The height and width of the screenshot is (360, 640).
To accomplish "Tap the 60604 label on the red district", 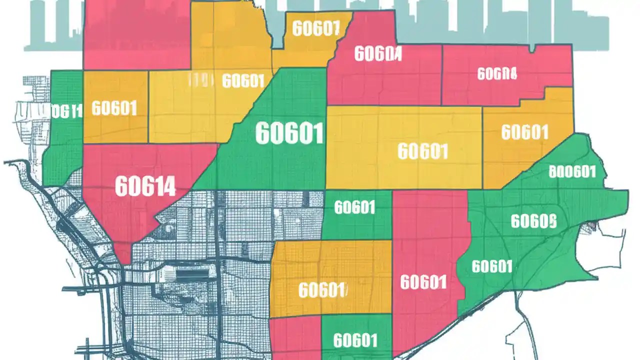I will click(x=377, y=54).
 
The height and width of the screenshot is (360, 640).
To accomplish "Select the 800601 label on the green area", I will click(x=572, y=172).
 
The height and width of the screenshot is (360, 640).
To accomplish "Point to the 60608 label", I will click(x=533, y=220).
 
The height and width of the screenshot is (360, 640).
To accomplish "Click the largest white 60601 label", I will click(x=289, y=133).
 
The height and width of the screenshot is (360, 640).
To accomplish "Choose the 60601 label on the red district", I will click(x=423, y=282).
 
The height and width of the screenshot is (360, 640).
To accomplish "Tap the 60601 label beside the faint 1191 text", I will click(x=243, y=80).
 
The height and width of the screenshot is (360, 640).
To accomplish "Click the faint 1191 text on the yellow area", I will click(x=200, y=79).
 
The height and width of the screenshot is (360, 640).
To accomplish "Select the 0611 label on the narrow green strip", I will click(x=67, y=111).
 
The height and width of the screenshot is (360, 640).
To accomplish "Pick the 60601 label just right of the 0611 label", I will click(x=114, y=108).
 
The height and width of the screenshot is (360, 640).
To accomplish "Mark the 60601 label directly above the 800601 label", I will click(x=524, y=132).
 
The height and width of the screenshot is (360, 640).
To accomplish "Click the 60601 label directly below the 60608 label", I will click(x=492, y=266).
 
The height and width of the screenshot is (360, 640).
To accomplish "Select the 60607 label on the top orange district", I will click(x=315, y=28).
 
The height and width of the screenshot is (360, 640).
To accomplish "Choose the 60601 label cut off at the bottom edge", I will click(x=354, y=341).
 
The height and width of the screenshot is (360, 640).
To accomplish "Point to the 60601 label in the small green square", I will click(x=354, y=207).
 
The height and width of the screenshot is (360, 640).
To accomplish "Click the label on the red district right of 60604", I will click(x=497, y=74).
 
